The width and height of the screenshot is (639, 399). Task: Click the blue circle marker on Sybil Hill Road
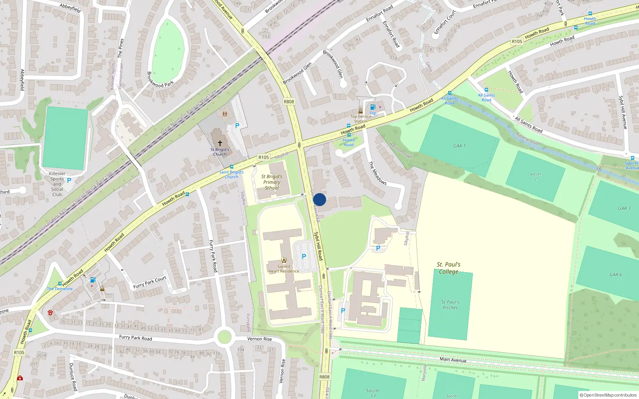[319, 199]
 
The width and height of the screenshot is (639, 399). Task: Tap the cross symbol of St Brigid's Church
[220, 143]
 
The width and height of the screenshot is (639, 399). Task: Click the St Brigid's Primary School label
[272, 182]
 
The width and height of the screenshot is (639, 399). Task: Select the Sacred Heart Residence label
[284, 269]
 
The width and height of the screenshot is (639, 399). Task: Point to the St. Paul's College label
[448, 268]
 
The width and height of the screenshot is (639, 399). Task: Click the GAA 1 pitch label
[459, 146]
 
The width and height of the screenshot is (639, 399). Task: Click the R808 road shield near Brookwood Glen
[289, 101]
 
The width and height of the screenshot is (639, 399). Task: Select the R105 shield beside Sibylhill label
[264, 157]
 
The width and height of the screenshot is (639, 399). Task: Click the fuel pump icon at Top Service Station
[373, 107]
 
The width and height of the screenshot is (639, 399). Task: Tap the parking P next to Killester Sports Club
[69, 180]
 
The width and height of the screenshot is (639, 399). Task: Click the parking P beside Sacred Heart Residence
[304, 257]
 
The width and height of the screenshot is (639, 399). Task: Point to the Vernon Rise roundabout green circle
[224, 337]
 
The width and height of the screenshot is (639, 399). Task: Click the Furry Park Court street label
[150, 282]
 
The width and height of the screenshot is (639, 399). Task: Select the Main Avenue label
[453, 359]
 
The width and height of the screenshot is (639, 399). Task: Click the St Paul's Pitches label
[450, 305]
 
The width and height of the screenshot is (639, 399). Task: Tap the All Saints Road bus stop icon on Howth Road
[449, 93]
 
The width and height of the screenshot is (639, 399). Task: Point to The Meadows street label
[377, 173]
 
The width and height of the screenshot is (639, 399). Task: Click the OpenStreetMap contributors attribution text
[608, 395]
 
